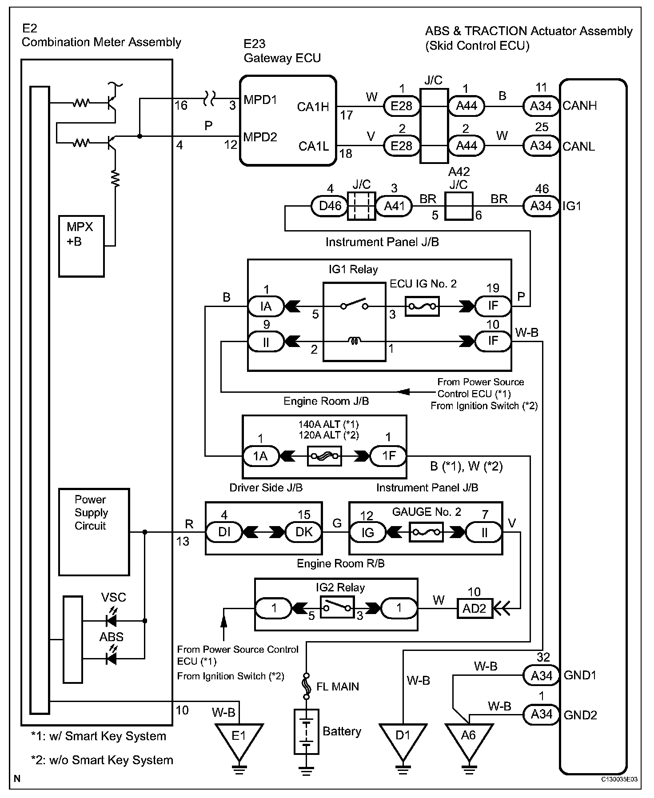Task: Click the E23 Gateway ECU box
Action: coord(287,121)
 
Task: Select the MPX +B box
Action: coord(81,246)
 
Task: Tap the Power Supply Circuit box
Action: coord(94,531)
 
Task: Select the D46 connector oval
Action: coord(331,206)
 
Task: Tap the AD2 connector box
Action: coord(475,608)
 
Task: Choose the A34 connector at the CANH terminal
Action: coord(541,106)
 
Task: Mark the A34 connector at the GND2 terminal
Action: coord(541,714)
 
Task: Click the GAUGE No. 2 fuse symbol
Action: coord(426,532)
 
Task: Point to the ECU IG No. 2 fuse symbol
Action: coord(422,306)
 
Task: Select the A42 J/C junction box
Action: coord(459,206)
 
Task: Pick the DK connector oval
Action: coord(304,532)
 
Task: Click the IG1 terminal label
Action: coord(572,206)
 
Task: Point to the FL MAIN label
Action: coord(337,687)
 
